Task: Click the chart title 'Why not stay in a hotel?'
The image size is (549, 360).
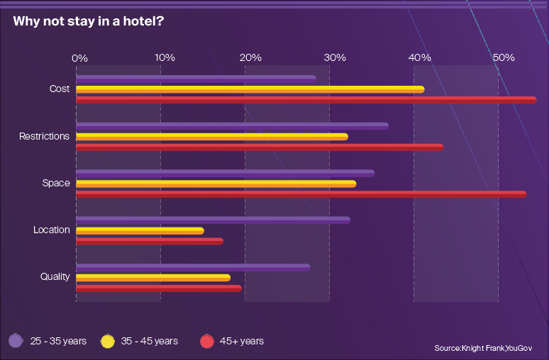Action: pyautogui.click(x=89, y=21)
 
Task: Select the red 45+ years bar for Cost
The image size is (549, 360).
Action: pyautogui.click(x=306, y=100)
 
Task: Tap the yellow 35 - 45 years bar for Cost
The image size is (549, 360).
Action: pyautogui.click(x=250, y=89)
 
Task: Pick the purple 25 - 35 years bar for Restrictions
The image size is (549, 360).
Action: pyautogui.click(x=232, y=126)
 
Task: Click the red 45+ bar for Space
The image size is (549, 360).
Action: pyautogui.click(x=301, y=194)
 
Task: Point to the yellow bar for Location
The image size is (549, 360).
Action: pyautogui.click(x=140, y=231)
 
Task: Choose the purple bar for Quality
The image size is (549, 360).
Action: pyautogui.click(x=193, y=267)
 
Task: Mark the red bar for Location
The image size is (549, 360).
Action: pyautogui.click(x=150, y=242)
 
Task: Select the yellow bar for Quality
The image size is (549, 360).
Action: pyautogui.click(x=153, y=278)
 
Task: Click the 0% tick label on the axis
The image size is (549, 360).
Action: pyautogui.click(x=79, y=57)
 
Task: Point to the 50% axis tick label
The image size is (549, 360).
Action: pyautogui.click(x=504, y=57)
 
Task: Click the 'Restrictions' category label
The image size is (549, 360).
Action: pyautogui.click(x=44, y=136)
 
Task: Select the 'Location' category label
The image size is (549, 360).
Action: pyautogui.click(x=52, y=230)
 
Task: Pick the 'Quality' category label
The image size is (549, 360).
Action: pyautogui.click(x=55, y=276)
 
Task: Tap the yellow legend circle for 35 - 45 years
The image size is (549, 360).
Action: pyautogui.click(x=108, y=342)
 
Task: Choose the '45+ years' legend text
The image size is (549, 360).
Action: pyautogui.click(x=241, y=342)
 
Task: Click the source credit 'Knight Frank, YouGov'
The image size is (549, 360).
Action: pyautogui.click(x=482, y=348)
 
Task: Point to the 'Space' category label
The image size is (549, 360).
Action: pyautogui.click(x=56, y=183)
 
